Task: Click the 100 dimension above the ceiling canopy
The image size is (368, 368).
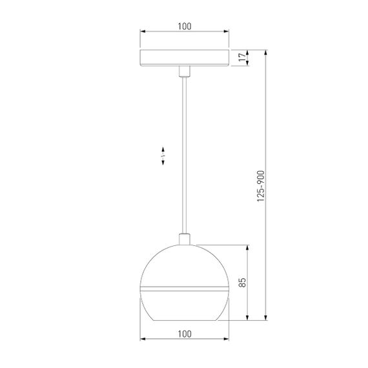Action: click(185, 26)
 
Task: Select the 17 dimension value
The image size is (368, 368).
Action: click(242, 57)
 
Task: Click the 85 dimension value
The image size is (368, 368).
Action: click(242, 282)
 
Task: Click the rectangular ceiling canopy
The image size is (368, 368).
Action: click(185, 57)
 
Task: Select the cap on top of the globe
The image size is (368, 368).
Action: click(185, 240)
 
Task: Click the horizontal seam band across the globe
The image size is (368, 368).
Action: click(185, 285)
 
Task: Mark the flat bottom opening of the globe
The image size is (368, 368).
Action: click(185, 319)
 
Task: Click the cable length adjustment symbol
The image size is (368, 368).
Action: click(163, 155)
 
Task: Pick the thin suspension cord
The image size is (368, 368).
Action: click(185, 155)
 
